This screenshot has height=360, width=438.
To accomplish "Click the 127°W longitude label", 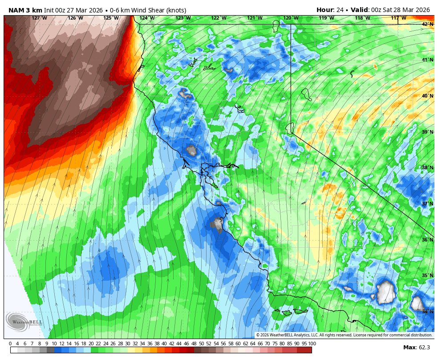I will (39, 18).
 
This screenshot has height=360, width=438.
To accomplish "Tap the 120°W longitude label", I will (291, 18).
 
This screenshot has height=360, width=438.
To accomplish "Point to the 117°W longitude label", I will (398, 18).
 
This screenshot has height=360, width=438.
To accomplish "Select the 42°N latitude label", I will (428, 24).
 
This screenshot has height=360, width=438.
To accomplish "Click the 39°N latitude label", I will (428, 132).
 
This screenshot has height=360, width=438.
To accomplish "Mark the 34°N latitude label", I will (428, 312).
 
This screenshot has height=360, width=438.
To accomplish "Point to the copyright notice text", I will (344, 335).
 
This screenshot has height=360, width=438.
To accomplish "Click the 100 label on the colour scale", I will (312, 344).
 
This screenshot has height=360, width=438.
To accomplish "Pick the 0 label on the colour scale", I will (10, 344).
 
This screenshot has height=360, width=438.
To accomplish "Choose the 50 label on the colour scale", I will (201, 344).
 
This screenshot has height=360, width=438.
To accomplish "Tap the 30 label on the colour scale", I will (128, 344).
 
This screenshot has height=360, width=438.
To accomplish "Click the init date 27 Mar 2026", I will (84, 10).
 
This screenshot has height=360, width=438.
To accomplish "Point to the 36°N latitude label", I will (428, 240).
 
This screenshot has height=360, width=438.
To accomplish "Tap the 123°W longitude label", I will (183, 18).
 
